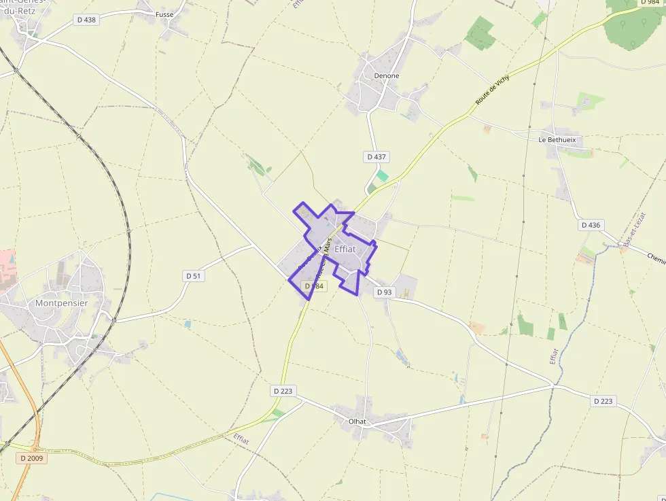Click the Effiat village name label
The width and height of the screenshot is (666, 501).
345,249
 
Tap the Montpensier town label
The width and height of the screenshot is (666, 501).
62,303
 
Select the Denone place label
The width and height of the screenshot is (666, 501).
386,75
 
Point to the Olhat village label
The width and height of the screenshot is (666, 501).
357,421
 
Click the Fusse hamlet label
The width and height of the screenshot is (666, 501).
164,14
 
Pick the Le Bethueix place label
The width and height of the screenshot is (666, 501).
557,140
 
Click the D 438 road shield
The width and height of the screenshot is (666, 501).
86,20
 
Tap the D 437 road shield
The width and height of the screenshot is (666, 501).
376,156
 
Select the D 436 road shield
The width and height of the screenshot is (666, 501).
591,225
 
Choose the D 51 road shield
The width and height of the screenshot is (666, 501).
194,275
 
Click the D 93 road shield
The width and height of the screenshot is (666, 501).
384,292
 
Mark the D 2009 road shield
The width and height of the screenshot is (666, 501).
32,458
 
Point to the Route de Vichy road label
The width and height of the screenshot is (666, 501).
492,90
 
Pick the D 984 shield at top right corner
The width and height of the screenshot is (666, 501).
650,3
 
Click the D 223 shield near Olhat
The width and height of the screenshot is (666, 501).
283,391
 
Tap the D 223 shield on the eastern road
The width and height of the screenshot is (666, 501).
603,401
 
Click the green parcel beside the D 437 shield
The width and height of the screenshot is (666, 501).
383,175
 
